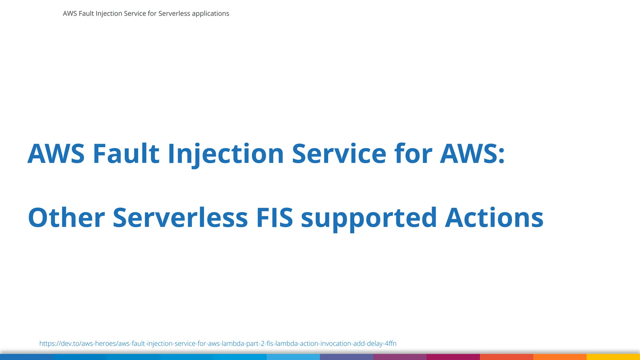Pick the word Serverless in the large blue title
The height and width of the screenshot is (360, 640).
pos(180,218)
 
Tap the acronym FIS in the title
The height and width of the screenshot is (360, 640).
pos(275,218)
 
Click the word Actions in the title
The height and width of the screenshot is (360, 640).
pos(494,218)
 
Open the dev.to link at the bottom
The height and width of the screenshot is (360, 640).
pos(218,344)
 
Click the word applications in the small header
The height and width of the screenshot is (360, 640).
pos(210,14)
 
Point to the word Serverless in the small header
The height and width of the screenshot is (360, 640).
pos(174,14)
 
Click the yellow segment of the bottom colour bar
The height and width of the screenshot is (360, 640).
pos(613,357)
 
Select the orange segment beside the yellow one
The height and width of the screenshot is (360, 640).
pos(560,357)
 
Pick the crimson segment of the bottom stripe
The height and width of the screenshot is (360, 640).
pos(453,357)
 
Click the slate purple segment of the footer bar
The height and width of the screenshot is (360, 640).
pos(346,357)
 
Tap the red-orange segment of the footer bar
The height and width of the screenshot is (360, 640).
pos(506,357)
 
